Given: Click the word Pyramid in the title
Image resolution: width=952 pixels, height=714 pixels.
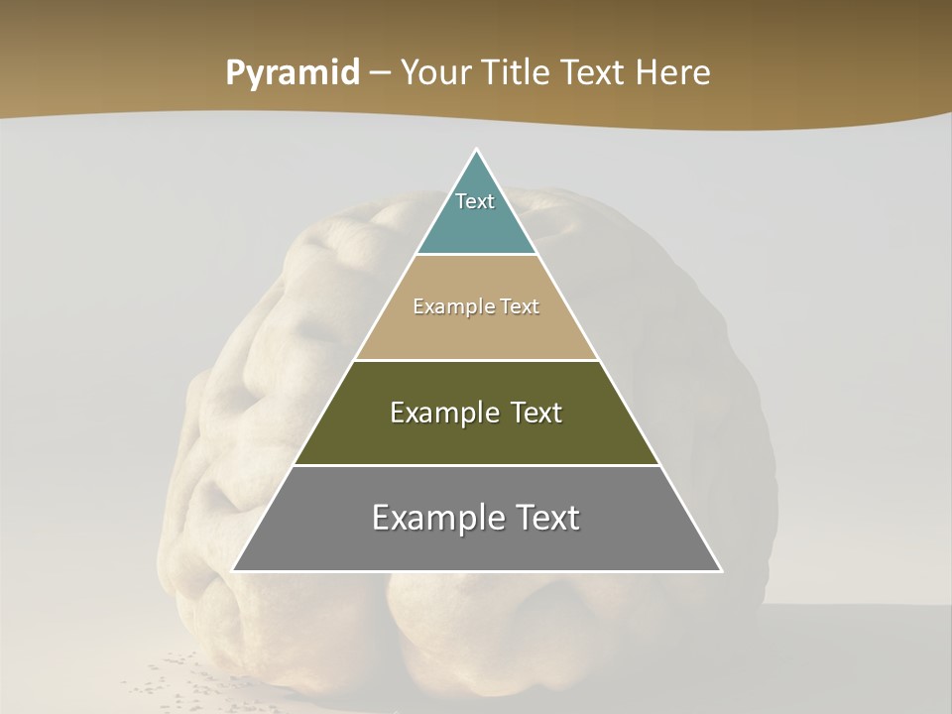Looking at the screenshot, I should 292,73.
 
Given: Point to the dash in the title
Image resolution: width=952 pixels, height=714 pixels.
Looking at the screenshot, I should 379,73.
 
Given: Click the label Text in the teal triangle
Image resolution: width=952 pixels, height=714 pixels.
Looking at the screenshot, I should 475,201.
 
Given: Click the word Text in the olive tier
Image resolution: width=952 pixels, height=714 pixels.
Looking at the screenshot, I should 529,413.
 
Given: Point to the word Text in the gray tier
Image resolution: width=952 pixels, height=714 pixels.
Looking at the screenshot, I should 545,518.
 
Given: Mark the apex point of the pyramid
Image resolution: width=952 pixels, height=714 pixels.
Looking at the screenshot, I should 477,150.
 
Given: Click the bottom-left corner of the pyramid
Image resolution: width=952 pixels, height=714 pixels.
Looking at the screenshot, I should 234,570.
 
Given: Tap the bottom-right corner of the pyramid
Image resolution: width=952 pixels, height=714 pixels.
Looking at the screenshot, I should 721,570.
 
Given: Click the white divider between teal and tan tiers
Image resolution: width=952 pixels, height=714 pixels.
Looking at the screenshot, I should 477,255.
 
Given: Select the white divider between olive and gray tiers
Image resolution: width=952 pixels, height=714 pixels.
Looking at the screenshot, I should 477,465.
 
